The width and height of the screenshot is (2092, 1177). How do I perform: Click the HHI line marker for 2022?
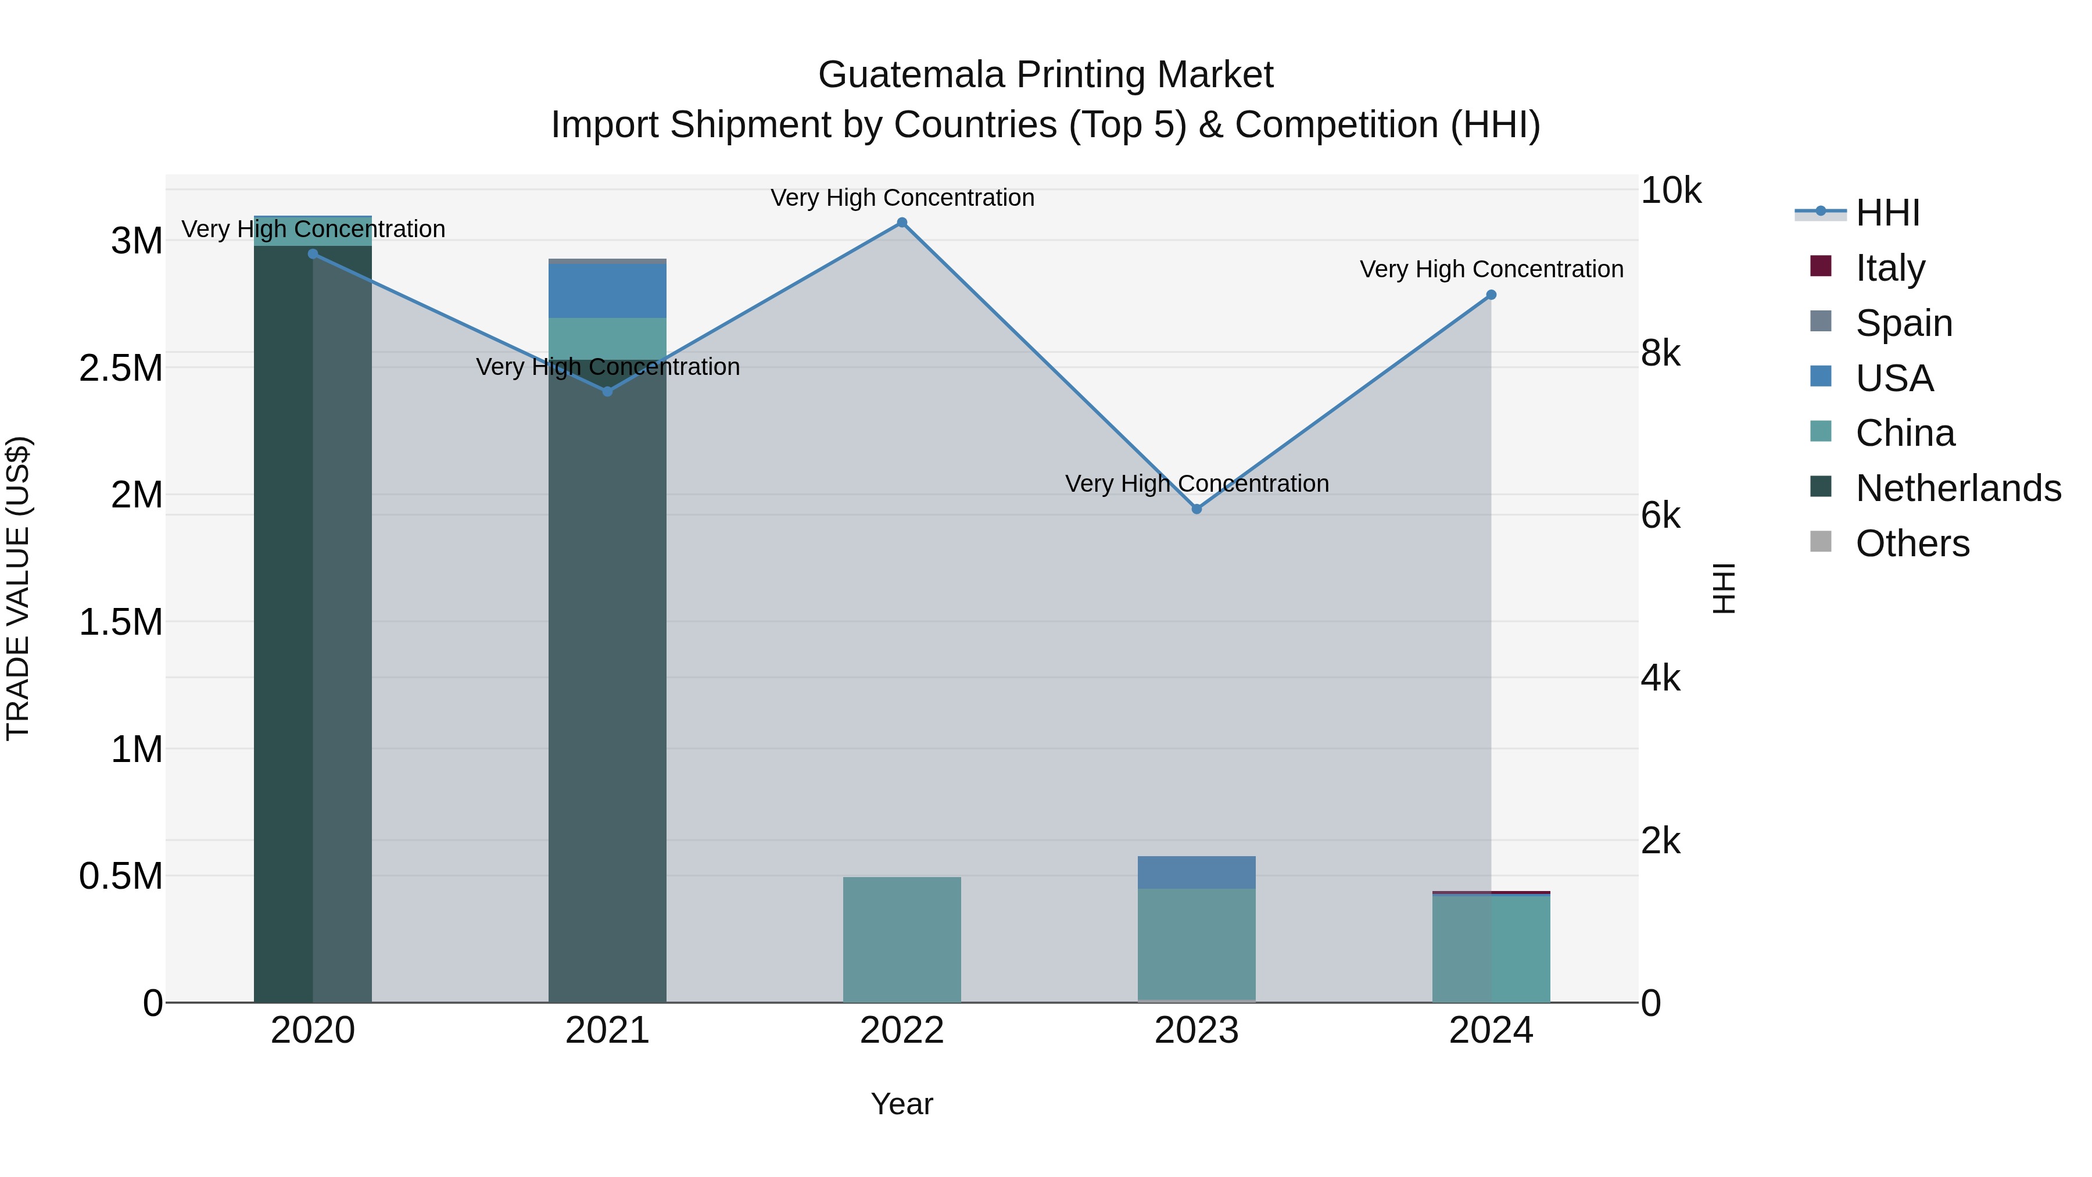coord(901,223)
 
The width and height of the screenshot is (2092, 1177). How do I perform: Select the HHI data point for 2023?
coord(1197,509)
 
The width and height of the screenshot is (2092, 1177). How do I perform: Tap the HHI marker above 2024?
coord(1491,295)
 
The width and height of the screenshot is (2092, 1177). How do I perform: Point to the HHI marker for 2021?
coord(607,392)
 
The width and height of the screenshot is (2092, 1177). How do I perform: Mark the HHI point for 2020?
coord(313,254)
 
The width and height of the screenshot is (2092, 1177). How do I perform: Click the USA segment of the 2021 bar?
coord(607,291)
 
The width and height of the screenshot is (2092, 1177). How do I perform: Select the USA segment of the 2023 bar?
coord(1197,872)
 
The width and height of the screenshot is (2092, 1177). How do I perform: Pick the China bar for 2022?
coord(901,939)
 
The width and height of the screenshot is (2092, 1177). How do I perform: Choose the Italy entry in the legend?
coord(1890,268)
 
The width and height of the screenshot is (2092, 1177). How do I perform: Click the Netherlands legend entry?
coord(1958,488)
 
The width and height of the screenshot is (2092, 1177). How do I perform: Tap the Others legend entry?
coord(1912,543)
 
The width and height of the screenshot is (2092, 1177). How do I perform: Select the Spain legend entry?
coord(1904,323)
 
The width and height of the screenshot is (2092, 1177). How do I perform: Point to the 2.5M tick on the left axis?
coord(121,368)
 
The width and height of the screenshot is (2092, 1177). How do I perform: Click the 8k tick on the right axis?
coord(1661,353)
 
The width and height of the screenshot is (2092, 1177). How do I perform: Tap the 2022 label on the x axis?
coord(901,1031)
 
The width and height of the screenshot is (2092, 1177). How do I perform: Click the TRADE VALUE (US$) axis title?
coord(18,588)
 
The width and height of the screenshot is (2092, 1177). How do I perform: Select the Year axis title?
coord(901,1104)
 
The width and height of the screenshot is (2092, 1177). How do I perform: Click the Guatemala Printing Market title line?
coord(1045,75)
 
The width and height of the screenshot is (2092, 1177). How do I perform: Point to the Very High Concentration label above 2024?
coord(1491,269)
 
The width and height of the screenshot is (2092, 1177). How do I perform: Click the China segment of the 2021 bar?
coord(607,339)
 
